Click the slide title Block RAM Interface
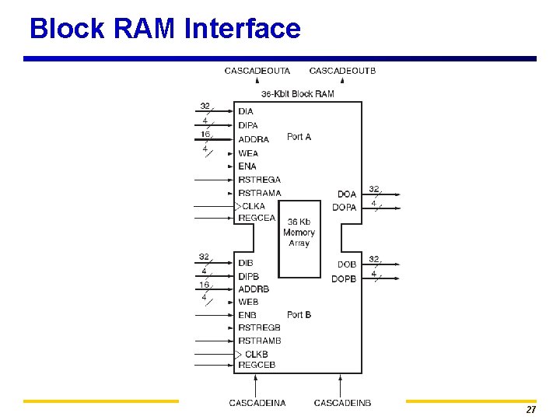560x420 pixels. point(165,29)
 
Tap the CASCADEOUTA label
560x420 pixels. point(257,72)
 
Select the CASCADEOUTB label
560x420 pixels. point(342,72)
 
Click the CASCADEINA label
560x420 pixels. point(257,403)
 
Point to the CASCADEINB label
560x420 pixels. point(342,403)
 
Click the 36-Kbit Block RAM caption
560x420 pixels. point(298,94)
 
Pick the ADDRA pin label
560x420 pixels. point(254,139)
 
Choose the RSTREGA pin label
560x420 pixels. point(259,180)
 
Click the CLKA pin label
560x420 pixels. point(254,206)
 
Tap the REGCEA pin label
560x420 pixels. point(257,219)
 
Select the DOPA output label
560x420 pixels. point(344,208)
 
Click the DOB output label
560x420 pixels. point(347,265)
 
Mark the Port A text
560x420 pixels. point(299,137)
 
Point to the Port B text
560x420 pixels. point(299,315)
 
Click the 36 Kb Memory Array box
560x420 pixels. point(299,233)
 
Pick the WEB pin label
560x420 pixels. point(249,302)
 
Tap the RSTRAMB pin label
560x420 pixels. point(260,341)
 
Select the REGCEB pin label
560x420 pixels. point(257,365)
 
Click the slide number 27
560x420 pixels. point(531,410)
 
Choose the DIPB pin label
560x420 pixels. point(249,277)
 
